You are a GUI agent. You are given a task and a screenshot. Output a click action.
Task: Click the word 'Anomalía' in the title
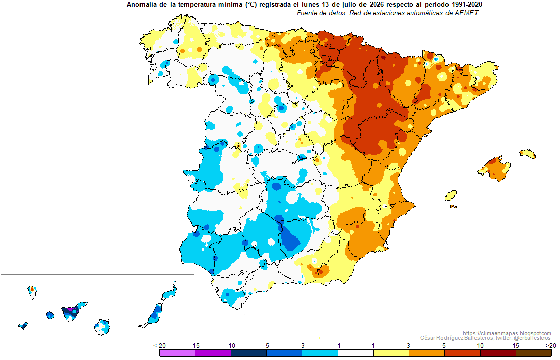point(139,5)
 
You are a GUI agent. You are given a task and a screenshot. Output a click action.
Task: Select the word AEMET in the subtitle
point(467,13)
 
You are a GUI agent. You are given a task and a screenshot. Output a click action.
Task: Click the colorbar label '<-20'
point(160,345)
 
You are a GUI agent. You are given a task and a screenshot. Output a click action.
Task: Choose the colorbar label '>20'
point(551,345)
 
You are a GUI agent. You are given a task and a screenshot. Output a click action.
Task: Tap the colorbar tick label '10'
point(480,345)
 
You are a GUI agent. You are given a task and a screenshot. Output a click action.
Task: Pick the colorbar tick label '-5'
point(266,345)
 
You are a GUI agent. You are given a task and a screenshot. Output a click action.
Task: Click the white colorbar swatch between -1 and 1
point(355,353)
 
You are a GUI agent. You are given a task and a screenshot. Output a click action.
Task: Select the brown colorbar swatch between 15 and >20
point(534,353)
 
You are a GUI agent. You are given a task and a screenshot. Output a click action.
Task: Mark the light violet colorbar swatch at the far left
point(178,353)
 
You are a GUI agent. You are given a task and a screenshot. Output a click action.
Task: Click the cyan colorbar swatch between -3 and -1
point(320,353)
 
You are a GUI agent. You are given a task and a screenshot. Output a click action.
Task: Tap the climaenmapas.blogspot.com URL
point(507,333)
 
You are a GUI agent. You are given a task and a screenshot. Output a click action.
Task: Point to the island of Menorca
point(527,153)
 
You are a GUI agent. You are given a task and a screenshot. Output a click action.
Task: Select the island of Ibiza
point(451,196)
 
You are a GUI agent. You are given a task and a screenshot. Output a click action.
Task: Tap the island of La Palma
point(32,292)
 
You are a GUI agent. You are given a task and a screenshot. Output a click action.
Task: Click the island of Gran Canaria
point(102,327)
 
